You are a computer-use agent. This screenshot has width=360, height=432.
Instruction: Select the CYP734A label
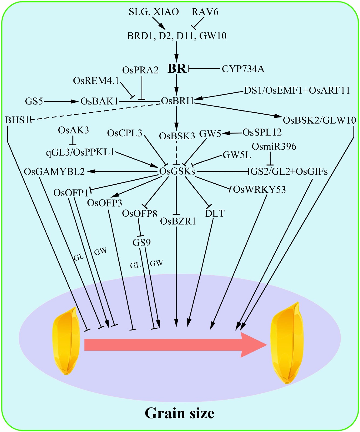(243, 69)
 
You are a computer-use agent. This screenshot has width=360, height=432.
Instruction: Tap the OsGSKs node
(177, 171)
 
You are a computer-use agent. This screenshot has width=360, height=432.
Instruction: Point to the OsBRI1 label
(177, 101)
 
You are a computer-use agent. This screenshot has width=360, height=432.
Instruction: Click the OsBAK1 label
(99, 101)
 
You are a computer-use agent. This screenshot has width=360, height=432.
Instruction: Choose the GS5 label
(34, 101)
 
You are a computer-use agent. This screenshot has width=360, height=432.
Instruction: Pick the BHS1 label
(17, 120)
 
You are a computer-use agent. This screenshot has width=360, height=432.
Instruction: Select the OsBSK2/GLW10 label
(319, 120)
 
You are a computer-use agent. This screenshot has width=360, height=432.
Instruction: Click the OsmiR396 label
(274, 147)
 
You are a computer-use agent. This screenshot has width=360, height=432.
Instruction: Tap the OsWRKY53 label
(259, 190)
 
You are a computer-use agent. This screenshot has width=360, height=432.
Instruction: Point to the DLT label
(214, 214)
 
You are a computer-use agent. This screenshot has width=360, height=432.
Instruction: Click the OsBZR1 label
(178, 221)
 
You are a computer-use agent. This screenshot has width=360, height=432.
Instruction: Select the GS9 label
(142, 242)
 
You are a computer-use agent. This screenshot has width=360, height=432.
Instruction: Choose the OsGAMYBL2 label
(54, 172)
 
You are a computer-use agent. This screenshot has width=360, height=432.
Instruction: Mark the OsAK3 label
(73, 130)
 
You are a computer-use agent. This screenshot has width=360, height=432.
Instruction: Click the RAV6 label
(205, 12)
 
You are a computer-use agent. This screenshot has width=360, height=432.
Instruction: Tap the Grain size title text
(180, 413)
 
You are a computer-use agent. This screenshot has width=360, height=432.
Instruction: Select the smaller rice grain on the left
(66, 341)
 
